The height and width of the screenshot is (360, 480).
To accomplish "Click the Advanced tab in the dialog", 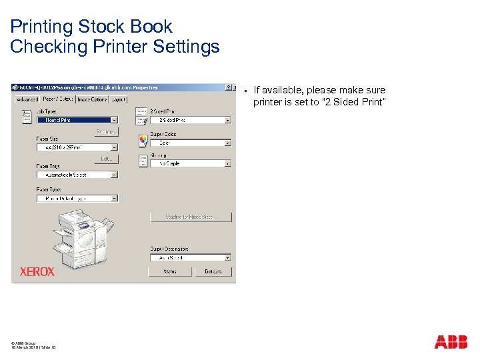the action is click(x=27, y=99).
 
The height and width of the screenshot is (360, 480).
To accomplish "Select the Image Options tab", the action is click(x=91, y=99).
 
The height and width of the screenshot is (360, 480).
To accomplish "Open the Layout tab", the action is click(x=118, y=99).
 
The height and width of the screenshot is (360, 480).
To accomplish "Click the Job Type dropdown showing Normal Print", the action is click(x=77, y=120).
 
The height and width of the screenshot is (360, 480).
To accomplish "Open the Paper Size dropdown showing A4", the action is click(x=77, y=147).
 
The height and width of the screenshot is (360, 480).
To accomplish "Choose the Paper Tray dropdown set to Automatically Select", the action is click(x=77, y=175).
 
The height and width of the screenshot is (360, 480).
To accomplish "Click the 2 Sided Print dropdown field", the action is click(x=190, y=120).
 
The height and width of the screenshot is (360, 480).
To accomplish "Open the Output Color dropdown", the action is click(x=190, y=143).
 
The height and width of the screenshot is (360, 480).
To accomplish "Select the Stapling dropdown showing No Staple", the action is click(x=190, y=163).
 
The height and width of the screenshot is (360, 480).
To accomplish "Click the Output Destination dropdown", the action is click(x=190, y=257).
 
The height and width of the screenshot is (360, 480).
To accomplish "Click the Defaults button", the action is click(x=213, y=271).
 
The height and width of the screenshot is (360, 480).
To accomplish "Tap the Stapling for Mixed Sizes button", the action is click(x=190, y=217).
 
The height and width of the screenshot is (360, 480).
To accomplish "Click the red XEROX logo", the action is click(x=37, y=271).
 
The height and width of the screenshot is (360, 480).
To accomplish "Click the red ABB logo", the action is click(x=451, y=342).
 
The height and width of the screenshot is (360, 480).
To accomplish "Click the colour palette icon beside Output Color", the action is click(x=143, y=141).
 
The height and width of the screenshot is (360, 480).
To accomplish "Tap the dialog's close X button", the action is click(x=235, y=87).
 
